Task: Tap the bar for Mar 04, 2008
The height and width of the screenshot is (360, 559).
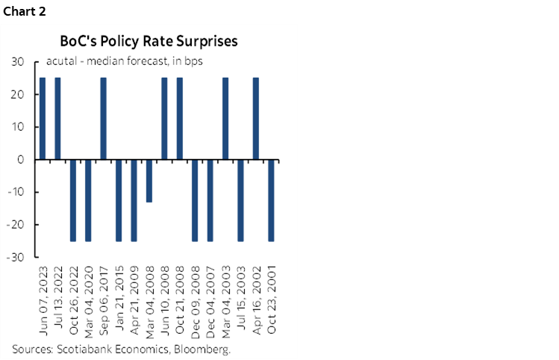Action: (149, 181)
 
